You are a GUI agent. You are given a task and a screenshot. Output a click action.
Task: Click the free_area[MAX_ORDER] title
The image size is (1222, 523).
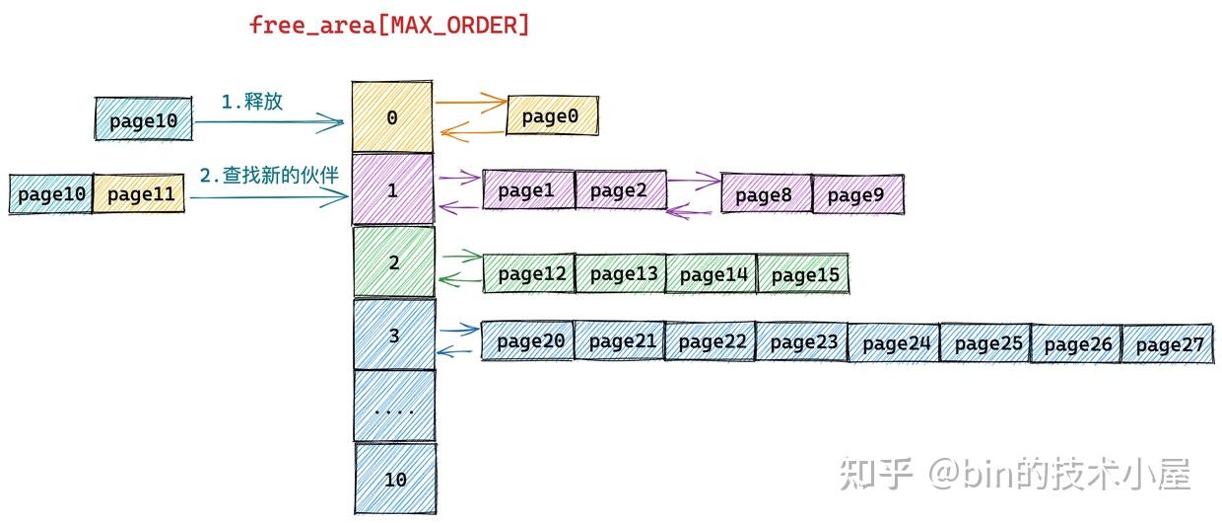389,26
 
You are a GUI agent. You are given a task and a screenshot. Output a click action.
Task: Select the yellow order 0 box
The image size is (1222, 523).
392,118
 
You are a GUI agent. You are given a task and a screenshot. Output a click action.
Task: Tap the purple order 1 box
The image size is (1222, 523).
392,190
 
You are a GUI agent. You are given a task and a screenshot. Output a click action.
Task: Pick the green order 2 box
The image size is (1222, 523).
393,262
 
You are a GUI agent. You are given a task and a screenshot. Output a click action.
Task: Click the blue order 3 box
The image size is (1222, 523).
393,336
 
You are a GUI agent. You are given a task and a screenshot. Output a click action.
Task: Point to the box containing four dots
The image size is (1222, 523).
394,407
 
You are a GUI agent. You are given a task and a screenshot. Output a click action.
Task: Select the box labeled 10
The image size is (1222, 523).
394,480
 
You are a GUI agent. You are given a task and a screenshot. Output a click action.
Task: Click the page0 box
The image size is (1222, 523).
552,117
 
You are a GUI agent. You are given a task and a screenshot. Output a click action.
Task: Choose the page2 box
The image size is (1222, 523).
619,191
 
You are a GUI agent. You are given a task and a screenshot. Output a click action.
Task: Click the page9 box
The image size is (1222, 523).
856,195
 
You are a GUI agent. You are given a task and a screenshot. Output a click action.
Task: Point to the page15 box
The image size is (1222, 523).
803,275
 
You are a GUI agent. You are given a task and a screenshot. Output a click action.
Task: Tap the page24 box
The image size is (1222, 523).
894,343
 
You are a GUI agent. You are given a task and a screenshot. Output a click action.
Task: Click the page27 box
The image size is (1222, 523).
1168,344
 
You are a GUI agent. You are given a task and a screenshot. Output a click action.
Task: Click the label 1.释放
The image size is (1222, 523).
251,102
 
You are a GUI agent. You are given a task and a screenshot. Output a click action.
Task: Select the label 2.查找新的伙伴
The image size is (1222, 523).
268,176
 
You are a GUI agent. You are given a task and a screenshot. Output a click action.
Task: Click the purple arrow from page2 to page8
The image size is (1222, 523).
694,182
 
